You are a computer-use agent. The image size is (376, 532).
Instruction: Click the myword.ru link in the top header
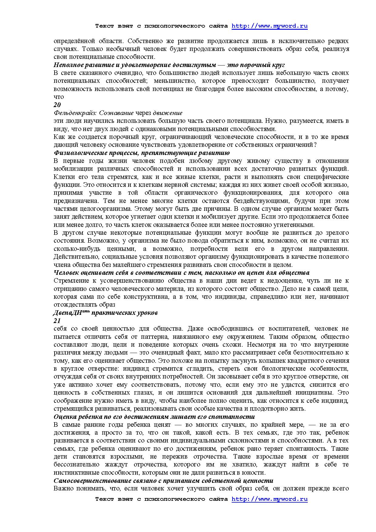270,26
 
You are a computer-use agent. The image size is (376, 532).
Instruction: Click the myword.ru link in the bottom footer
270,499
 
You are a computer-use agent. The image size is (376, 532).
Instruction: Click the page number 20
57,105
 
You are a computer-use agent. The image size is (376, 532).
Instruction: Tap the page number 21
57,321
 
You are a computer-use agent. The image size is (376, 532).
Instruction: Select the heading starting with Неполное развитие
169,65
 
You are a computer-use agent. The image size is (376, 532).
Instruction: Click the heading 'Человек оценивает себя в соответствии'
181,273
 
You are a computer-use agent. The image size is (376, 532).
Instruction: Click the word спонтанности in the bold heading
234,417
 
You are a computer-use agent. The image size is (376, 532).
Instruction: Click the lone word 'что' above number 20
59,97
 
